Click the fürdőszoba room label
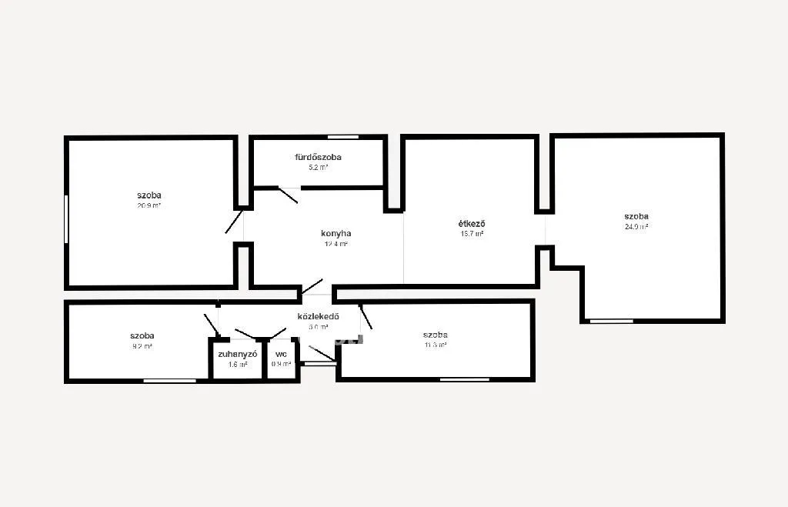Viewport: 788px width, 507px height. (318, 157)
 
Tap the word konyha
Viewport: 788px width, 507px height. (336, 233)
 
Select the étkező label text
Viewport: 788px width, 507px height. (471, 224)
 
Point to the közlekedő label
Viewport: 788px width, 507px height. (318, 316)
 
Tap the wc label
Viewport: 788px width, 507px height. (281, 354)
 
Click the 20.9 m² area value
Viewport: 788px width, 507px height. (149, 205)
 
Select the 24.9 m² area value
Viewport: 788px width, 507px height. (636, 227)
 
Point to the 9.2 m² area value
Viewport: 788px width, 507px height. (142, 346)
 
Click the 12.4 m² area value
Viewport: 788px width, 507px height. (336, 244)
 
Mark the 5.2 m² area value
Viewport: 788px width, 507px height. (318, 167)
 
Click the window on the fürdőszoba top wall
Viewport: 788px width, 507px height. (343, 137)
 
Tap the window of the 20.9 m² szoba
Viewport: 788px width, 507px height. (67, 219)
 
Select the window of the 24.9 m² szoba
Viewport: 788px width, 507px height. (611, 320)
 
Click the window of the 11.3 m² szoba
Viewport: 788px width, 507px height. (464, 379)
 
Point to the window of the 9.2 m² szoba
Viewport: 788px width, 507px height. (169, 380)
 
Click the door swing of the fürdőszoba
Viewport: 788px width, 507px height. (288, 195)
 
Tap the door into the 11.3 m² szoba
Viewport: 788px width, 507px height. (366, 316)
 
